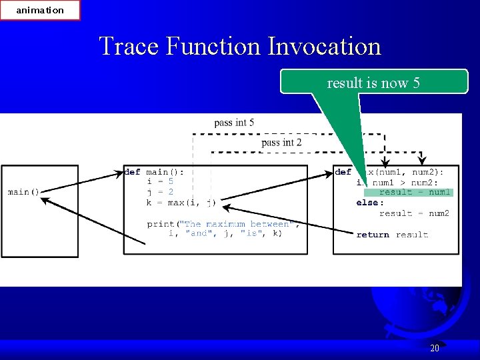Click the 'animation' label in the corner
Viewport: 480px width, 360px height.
click(40, 10)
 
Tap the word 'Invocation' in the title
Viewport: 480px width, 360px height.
click(324, 46)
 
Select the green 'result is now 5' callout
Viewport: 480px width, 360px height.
click(373, 83)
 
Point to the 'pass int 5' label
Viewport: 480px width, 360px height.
click(234, 123)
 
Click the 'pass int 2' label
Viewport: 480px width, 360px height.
click(281, 143)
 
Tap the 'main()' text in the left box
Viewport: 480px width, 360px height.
click(23, 192)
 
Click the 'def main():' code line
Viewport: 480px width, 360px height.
click(154, 172)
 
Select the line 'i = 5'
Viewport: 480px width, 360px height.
click(160, 181)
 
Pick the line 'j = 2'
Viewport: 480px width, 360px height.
click(160, 192)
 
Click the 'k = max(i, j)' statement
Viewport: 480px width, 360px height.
click(181, 202)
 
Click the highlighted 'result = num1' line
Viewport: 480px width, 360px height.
click(415, 193)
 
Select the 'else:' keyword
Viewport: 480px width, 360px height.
click(369, 203)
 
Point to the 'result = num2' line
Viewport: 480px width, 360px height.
click(414, 213)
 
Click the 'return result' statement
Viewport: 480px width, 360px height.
click(392, 235)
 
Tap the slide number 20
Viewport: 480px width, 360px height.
click(435, 348)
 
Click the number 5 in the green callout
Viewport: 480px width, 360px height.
click(417, 83)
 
